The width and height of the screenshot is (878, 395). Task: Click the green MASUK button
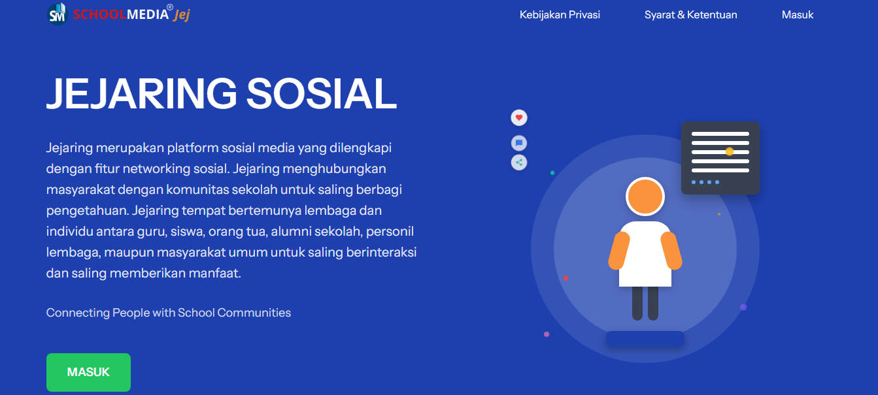coord(88,372)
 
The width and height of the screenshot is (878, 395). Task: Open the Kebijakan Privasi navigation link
coord(560,14)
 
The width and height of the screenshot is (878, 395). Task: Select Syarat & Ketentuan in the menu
coord(690,14)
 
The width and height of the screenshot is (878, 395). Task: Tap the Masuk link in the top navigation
coord(798,14)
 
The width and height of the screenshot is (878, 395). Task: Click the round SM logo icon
coord(58,14)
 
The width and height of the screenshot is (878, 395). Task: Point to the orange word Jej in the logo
coord(181,15)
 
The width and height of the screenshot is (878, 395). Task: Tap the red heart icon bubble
coord(519,118)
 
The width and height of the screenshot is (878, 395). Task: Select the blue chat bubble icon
coord(519,143)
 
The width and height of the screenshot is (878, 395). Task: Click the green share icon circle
coord(519,163)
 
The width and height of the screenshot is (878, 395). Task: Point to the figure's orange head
coord(645,197)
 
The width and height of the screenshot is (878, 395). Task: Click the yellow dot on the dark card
coord(730,151)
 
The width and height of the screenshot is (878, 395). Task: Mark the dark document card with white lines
coord(720,158)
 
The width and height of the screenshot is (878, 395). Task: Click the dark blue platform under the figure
coord(645,339)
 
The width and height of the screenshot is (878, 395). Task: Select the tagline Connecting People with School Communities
coord(169,313)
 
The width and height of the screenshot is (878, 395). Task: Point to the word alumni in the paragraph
coord(290,231)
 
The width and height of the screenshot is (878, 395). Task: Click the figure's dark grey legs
coord(645,303)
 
